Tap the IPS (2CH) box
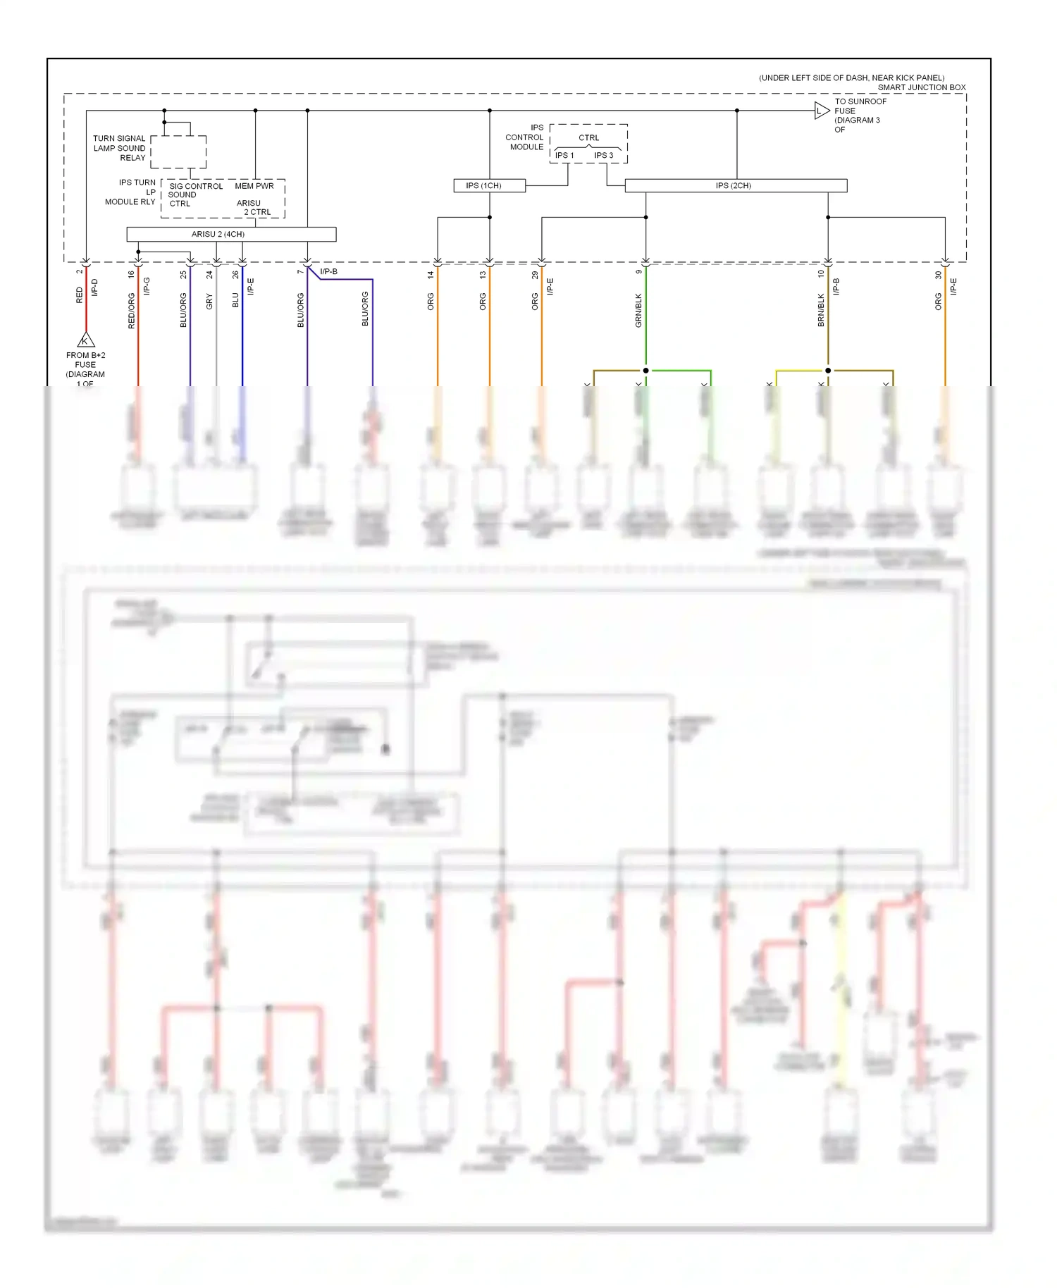pos(735,185)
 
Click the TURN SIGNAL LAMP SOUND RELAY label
pos(120,148)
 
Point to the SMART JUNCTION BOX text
pos(922,87)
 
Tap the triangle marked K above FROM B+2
pos(85,340)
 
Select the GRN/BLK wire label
pos(638,310)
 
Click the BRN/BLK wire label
pos(821,310)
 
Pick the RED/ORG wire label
pos(131,311)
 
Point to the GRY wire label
pos(209,302)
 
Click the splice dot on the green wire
pos(645,371)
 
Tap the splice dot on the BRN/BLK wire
pos(828,371)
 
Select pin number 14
pos(431,275)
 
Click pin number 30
pos(938,275)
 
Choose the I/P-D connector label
pos(94,287)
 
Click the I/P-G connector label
pos(147,286)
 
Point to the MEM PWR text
pos(254,186)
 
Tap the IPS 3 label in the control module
pos(604,155)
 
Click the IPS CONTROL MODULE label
pos(526,137)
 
